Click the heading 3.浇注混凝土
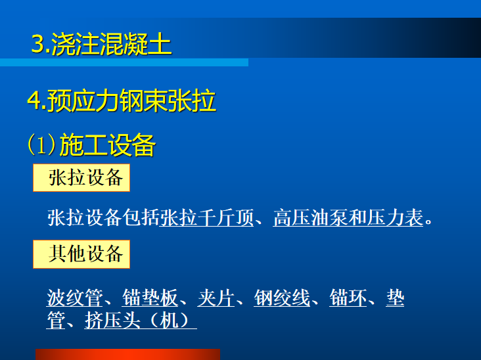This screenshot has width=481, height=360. tap(101, 44)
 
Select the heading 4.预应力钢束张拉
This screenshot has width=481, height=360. tap(122, 101)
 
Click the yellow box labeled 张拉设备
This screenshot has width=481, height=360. tap(81, 178)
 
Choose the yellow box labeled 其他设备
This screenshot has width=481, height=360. tap(81, 254)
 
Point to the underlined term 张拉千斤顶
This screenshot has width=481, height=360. tap(206, 217)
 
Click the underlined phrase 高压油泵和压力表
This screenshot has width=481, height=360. tap(348, 217)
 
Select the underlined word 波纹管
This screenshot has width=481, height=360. tap(74, 298)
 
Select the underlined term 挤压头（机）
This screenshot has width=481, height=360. tap(140, 320)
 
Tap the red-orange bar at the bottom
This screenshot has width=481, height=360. tap(127, 355)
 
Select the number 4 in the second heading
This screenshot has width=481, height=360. tap(34, 102)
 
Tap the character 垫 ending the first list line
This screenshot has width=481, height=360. tap(395, 298)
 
